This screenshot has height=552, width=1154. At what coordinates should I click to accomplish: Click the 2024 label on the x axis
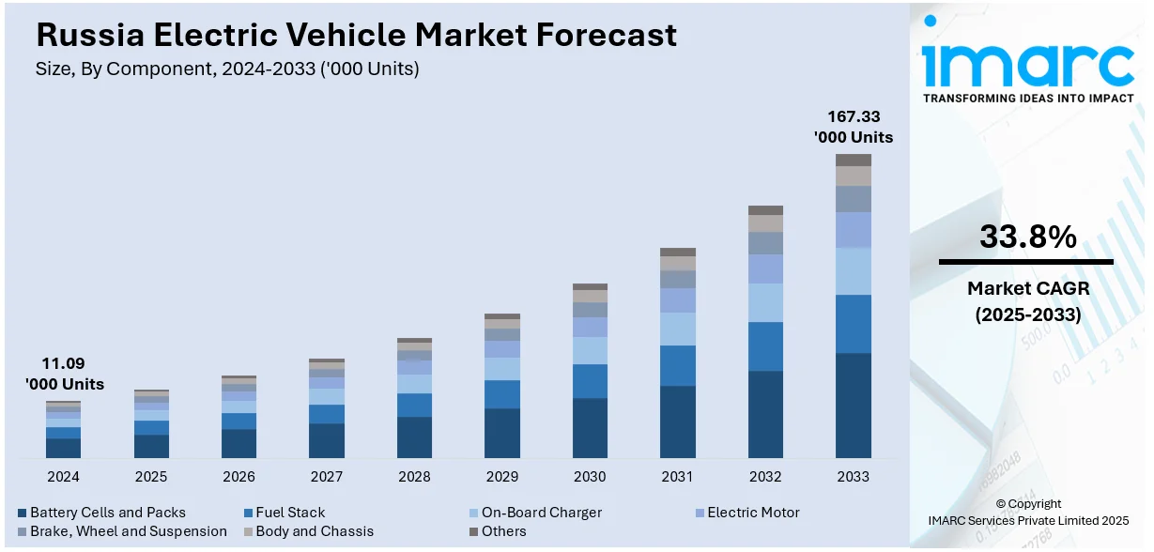[x=63, y=477]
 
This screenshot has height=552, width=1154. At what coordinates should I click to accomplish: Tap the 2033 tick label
[x=853, y=477]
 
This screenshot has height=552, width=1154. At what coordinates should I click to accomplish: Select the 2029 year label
[x=502, y=477]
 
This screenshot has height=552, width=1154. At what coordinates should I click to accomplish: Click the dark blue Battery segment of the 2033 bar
[x=853, y=406]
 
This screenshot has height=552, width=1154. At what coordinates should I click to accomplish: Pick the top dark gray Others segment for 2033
[x=853, y=160]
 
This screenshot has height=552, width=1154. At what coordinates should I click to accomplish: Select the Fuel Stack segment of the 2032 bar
[x=765, y=346]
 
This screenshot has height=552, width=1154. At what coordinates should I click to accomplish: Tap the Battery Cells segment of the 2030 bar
[x=590, y=428]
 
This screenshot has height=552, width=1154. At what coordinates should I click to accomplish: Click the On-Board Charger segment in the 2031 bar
[x=677, y=329]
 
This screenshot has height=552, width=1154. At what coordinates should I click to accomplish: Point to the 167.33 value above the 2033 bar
[x=853, y=116]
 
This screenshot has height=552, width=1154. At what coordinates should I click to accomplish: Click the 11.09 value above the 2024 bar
[x=63, y=363]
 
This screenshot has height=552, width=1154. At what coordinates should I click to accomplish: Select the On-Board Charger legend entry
[x=541, y=513]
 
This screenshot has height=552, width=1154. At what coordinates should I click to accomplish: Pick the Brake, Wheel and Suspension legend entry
[x=128, y=531]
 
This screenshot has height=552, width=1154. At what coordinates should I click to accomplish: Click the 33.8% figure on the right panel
[x=1027, y=237]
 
